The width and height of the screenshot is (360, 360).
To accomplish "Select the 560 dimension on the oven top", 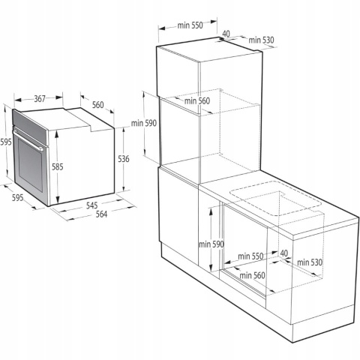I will point(98,105).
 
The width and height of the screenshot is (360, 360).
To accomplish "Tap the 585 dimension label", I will point(58,166).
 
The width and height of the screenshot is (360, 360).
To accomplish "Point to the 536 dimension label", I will point(124,158).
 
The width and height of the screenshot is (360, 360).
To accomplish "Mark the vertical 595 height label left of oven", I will point(6,142).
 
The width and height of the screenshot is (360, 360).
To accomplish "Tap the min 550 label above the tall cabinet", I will point(190,25).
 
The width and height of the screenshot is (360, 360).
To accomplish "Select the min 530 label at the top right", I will point(262,40).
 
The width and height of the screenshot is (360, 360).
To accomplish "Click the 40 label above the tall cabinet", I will point(226,33).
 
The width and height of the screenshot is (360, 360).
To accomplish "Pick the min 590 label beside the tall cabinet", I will point(143,124).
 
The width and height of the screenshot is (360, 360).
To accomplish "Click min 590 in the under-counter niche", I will point(211,244).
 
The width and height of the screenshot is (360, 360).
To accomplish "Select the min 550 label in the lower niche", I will point(250,256).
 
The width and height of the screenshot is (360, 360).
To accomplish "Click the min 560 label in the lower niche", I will point(253,275).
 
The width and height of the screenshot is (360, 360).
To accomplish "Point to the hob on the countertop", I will point(274,196).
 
